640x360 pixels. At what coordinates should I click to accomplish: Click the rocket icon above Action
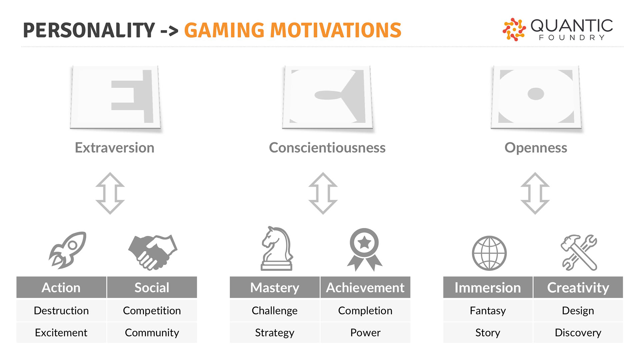pyautogui.click(x=68, y=250)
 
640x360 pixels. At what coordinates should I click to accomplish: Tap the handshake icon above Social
pyautogui.click(x=153, y=252)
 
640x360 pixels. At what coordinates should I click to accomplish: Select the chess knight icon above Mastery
pyautogui.click(x=277, y=248)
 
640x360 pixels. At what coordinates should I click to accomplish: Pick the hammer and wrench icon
pyautogui.click(x=579, y=252)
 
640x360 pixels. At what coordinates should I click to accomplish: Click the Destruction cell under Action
pyautogui.click(x=61, y=311)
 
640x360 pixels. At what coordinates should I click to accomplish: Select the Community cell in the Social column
pyautogui.click(x=152, y=333)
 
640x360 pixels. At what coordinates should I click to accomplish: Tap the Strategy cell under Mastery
pyautogui.click(x=275, y=333)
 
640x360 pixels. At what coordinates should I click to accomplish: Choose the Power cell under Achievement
pyautogui.click(x=365, y=333)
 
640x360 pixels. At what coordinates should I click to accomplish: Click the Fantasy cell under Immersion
pyautogui.click(x=488, y=311)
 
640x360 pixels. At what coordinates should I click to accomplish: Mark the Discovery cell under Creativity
pyautogui.click(x=578, y=333)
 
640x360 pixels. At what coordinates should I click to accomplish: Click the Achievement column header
pyautogui.click(x=365, y=287)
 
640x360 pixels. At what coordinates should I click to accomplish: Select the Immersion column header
pyautogui.click(x=488, y=287)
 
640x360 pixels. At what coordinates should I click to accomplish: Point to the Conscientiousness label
pyautogui.click(x=327, y=148)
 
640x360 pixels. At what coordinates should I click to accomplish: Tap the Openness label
pyautogui.click(x=536, y=148)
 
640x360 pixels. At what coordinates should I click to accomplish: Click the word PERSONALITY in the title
pyautogui.click(x=89, y=30)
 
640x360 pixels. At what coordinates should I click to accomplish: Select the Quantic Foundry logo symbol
pyautogui.click(x=514, y=29)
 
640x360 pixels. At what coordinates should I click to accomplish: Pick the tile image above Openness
pyautogui.click(x=536, y=97)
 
